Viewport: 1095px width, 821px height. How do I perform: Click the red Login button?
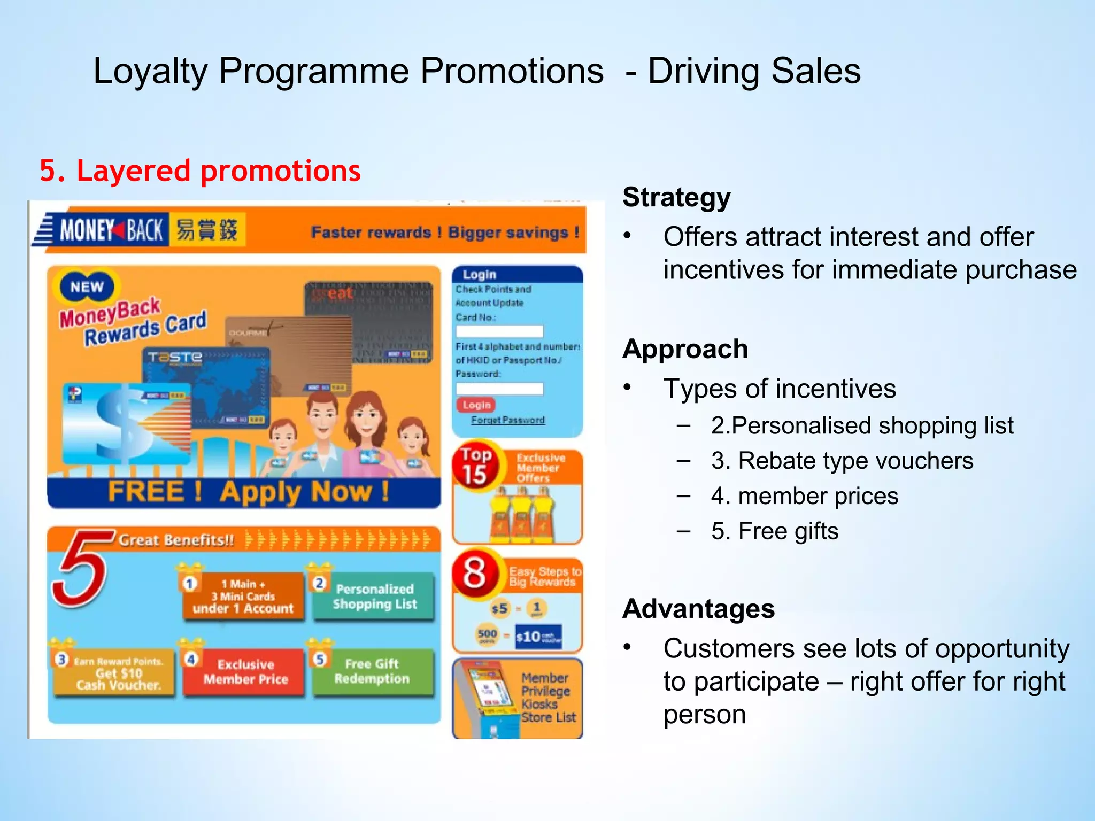[x=476, y=405]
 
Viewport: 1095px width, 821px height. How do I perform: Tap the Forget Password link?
[x=507, y=420]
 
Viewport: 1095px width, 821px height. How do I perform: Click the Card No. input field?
[x=499, y=331]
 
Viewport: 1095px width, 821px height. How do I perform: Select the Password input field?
[x=499, y=389]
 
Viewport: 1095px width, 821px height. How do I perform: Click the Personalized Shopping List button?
[x=374, y=597]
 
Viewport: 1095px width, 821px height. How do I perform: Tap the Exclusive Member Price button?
[x=245, y=672]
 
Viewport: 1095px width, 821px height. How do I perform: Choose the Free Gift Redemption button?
[x=373, y=671]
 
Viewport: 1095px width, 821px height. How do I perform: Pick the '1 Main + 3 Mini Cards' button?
[x=243, y=597]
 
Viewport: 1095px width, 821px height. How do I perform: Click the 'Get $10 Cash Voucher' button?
[x=115, y=673]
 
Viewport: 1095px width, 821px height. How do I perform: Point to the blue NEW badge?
[x=86, y=286]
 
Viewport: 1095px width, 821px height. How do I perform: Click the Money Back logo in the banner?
[x=111, y=230]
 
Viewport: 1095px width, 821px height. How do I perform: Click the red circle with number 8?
[x=475, y=573]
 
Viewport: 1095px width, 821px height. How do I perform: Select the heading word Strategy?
[x=676, y=198]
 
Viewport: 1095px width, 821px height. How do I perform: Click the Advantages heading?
[x=698, y=609]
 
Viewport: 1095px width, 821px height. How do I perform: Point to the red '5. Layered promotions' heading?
[x=200, y=171]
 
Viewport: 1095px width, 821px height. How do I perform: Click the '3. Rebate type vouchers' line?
[x=842, y=461]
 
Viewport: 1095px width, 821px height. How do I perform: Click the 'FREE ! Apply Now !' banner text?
[x=248, y=492]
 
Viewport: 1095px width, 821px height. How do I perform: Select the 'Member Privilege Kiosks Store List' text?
[x=548, y=698]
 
